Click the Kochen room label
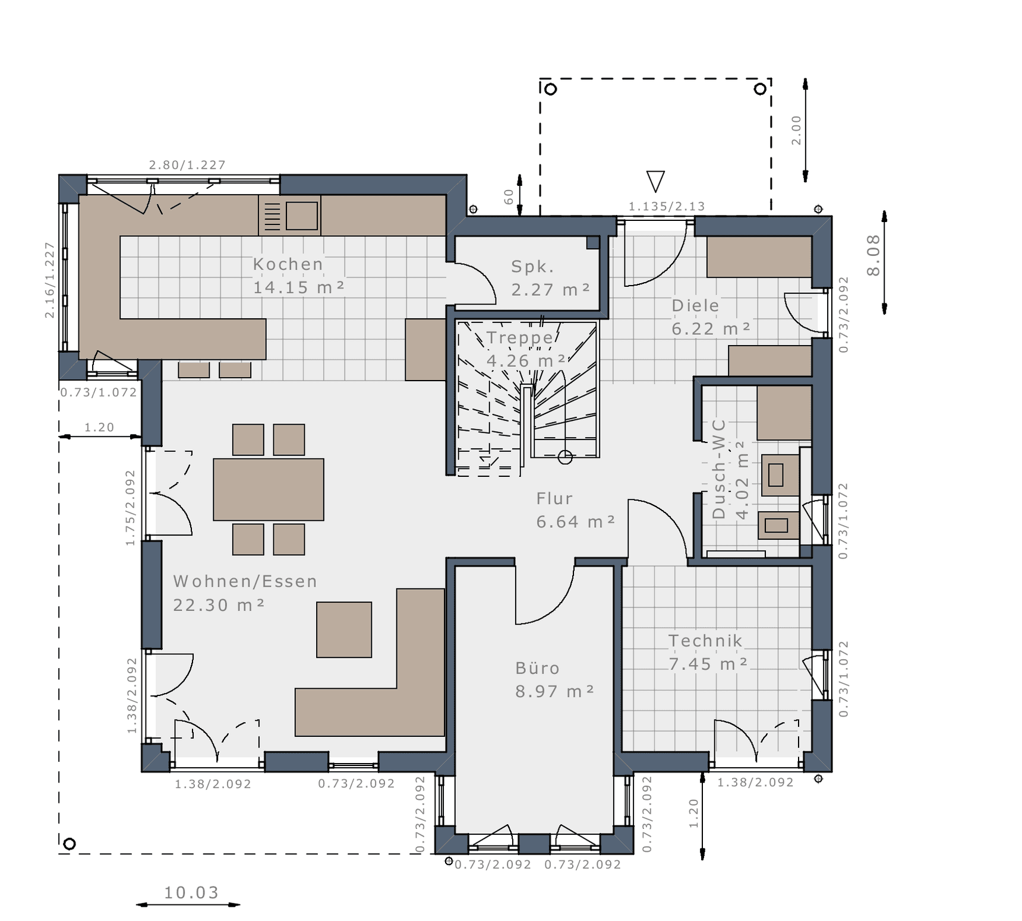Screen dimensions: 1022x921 [288, 264]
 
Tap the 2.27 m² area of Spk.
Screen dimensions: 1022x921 [551, 290]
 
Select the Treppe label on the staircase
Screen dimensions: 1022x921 [520, 338]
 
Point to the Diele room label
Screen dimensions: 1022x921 [695, 306]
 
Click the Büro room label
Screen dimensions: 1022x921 [538, 669]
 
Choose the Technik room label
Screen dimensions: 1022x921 [705, 641]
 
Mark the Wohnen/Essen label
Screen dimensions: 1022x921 [245, 581]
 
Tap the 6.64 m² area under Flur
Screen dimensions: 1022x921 [575, 522]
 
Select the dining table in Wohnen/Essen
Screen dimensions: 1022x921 [269, 489]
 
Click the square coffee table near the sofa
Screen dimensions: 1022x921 [344, 629]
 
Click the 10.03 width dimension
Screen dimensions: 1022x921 [191, 892]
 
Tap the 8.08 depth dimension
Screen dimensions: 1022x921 [873, 255]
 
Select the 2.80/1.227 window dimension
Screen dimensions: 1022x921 [187, 165]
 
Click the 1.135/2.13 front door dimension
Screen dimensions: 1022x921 [667, 207]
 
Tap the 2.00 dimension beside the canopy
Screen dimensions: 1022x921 [796, 131]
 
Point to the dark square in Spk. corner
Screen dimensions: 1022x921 [593, 242]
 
